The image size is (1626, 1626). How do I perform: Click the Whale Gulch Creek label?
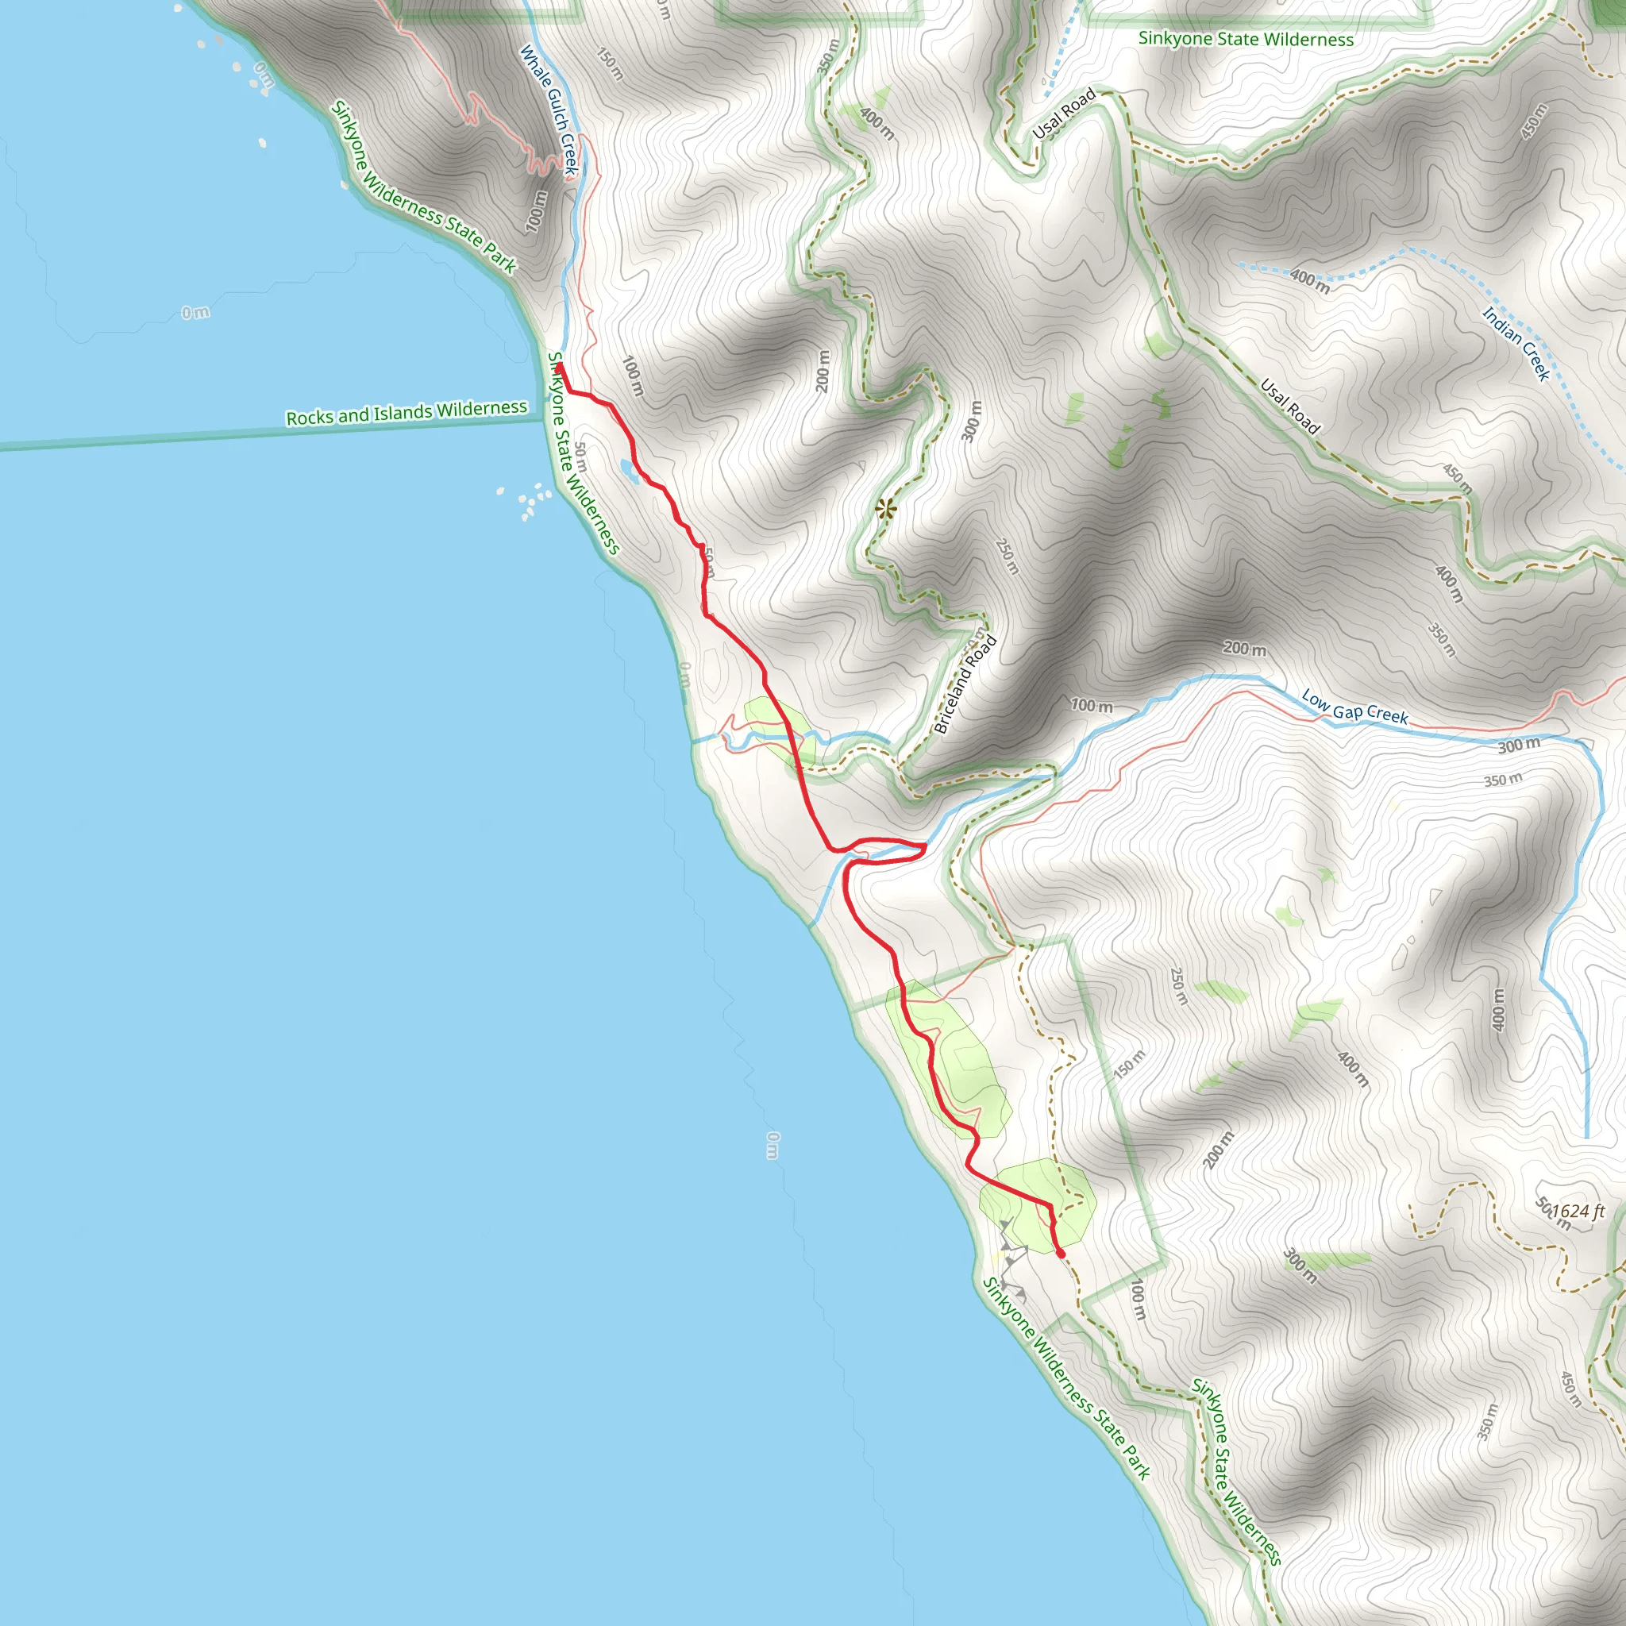pos(548,110)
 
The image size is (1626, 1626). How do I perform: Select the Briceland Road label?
pos(965,684)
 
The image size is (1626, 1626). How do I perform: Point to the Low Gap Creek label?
pos(1354,706)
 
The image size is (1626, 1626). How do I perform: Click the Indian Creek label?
pos(1516,343)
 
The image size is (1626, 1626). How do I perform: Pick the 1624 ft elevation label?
pos(1578,1211)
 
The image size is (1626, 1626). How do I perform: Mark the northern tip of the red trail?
pos(559,367)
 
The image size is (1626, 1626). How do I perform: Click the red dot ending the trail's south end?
pos(1061,1254)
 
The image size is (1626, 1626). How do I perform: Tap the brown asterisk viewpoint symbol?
pos(885,508)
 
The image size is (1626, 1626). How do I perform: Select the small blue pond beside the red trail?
pos(629,470)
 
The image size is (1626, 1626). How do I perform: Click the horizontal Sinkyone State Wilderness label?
pos(1246,39)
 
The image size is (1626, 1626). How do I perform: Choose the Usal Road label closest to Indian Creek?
pos(1289,406)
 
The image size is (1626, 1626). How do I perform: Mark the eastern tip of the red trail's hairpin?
pos(925,847)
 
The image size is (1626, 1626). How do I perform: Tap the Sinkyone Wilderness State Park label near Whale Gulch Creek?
pos(423,187)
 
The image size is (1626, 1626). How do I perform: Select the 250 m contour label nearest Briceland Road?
pos(1008,557)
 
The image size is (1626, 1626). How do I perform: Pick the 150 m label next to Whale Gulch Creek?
pos(611,64)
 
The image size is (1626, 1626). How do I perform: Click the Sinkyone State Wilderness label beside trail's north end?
pos(584,453)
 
